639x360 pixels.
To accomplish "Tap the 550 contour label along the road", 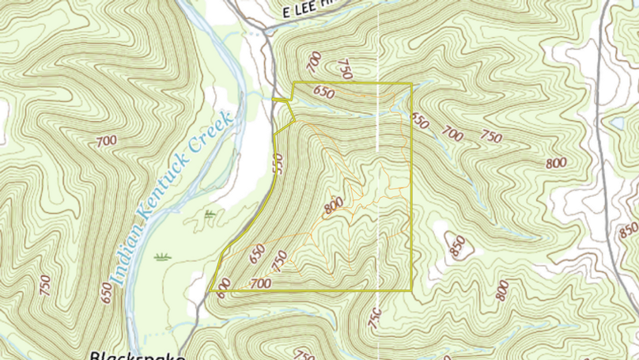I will (277, 162).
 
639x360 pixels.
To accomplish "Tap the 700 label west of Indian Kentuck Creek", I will (106, 142).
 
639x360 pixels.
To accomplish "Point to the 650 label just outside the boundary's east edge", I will (420, 120).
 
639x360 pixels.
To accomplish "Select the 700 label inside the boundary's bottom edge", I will (260, 282).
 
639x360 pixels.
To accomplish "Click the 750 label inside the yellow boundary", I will (278, 259).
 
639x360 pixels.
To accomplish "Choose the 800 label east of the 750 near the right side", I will (556, 163).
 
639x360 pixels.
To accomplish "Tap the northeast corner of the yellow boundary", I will (411, 83).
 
